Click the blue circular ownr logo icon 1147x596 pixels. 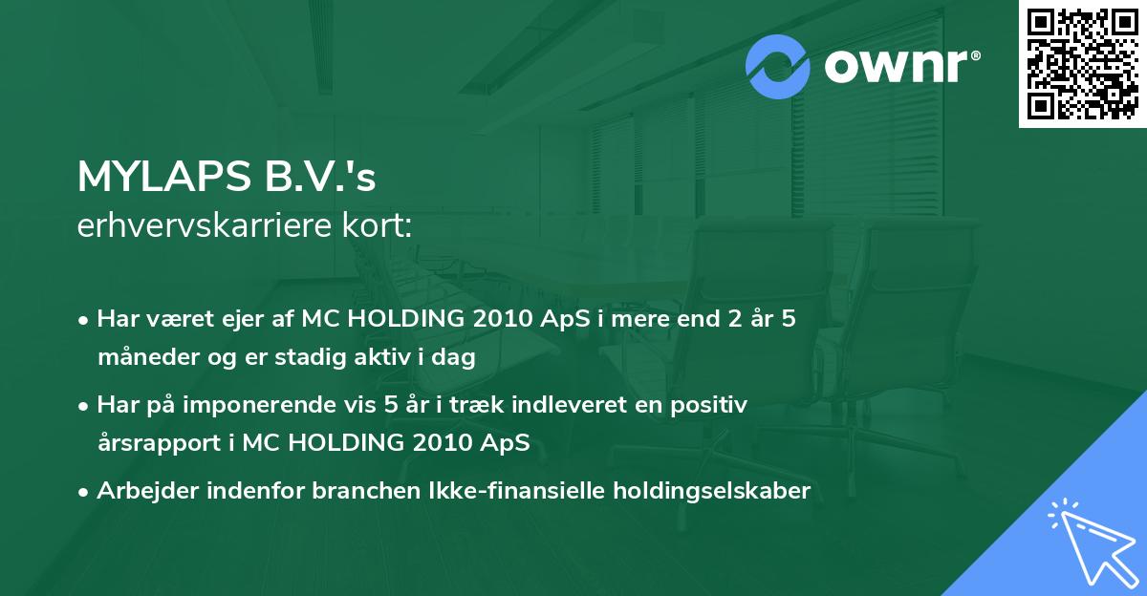tap(778, 66)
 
